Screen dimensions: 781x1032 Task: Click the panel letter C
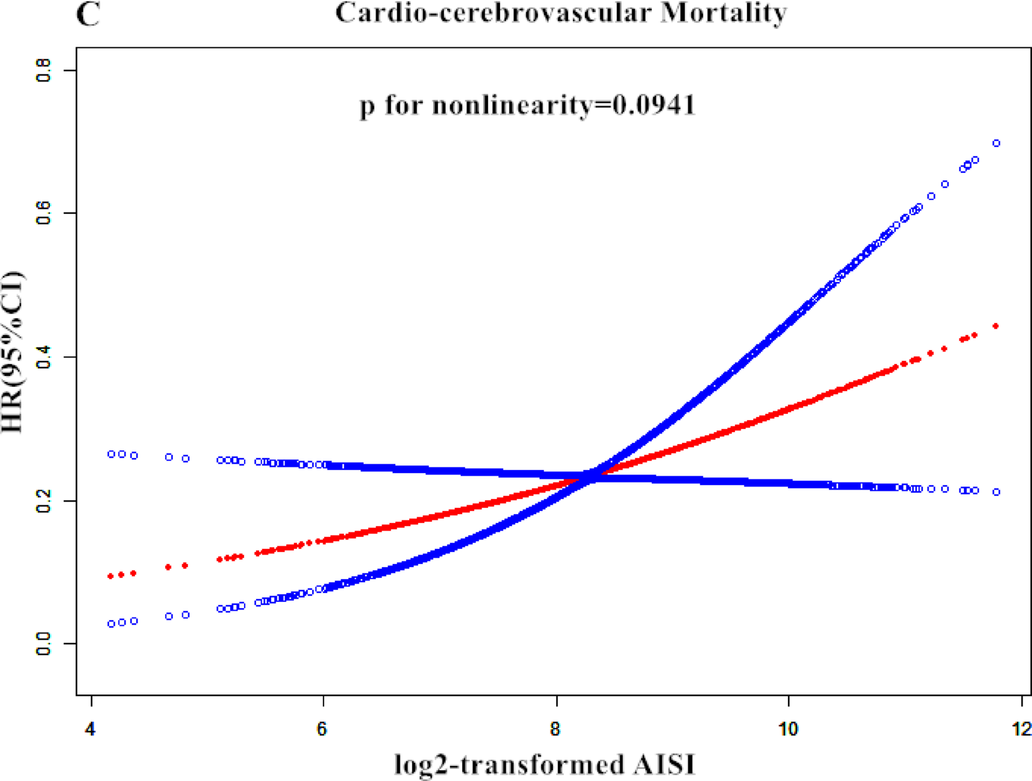pos(88,14)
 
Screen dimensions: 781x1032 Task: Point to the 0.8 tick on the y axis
pos(43,70)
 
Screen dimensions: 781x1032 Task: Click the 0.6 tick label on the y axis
pos(43,213)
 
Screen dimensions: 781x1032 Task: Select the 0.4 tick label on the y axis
pos(43,357)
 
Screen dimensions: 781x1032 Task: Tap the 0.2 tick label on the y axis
pos(43,501)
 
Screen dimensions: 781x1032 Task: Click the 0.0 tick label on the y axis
pos(43,644)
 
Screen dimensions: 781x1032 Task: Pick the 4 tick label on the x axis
pos(91,730)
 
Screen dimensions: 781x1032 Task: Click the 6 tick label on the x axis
pos(323,730)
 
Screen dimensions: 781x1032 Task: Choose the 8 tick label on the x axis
pos(555,730)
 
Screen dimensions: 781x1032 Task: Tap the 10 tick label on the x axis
pos(788,730)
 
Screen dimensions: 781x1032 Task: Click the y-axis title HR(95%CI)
pos(13,352)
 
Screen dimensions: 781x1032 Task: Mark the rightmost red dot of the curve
pos(996,326)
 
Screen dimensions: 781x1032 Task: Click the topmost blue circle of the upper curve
pos(997,143)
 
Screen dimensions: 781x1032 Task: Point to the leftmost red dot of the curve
pos(110,576)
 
